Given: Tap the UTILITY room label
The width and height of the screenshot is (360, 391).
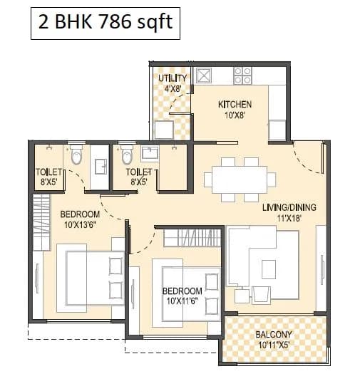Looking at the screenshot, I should coord(173,78).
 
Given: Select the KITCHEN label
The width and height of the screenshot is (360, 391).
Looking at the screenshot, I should coord(235,105).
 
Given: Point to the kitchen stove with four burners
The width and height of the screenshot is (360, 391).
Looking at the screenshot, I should coord(242,75).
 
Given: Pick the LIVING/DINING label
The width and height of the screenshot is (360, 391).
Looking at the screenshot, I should coord(289,207).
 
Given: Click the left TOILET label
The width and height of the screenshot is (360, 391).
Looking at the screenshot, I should coord(49,172).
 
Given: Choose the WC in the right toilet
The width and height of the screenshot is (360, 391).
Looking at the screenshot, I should coord(127,154).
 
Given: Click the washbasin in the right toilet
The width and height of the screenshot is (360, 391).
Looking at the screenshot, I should coord(150,152).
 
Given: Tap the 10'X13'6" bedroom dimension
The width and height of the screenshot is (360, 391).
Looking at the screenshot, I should coord(78,224).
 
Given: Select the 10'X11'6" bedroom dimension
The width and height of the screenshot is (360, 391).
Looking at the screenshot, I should coord(181,301).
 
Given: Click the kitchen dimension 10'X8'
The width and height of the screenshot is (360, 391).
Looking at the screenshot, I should coord(235,115).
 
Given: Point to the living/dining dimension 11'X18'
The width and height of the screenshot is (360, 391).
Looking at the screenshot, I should coord(289,218).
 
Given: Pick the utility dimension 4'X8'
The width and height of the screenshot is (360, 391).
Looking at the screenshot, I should coord(173,88).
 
